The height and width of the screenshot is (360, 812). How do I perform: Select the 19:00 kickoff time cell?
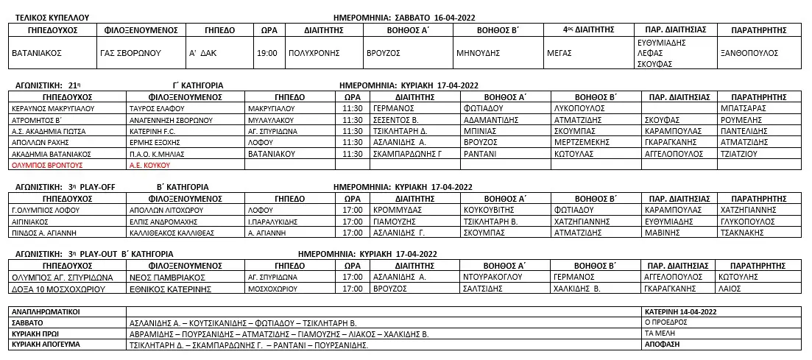(x=267, y=53)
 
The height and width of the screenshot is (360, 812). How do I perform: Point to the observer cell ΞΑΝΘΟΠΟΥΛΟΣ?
(x=749, y=53)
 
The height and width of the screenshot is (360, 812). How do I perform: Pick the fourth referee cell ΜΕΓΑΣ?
(x=560, y=53)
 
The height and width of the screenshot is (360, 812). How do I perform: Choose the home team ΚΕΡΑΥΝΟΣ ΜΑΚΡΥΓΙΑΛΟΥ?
(x=54, y=107)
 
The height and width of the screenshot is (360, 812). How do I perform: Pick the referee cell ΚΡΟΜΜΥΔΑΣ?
(x=397, y=210)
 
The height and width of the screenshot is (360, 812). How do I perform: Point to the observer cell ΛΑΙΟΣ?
(x=729, y=289)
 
